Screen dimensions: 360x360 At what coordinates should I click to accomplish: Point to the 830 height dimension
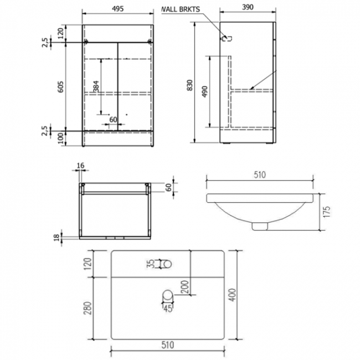pos(190,85)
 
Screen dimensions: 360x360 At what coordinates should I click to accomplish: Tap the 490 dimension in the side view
pos(205,91)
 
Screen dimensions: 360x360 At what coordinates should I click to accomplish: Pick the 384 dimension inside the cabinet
pos(96,86)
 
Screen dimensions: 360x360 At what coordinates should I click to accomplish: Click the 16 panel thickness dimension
pos(81,166)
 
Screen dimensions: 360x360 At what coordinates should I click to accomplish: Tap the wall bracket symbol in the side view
pos(226,38)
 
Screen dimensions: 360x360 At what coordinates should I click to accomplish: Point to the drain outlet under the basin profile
pos(259,225)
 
